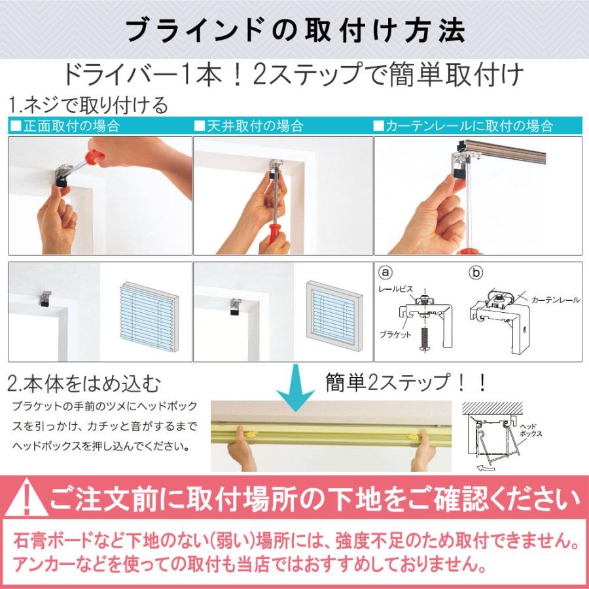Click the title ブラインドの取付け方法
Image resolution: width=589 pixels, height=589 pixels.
(x=294, y=31)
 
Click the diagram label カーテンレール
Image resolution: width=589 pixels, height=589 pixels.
(x=555, y=300)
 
